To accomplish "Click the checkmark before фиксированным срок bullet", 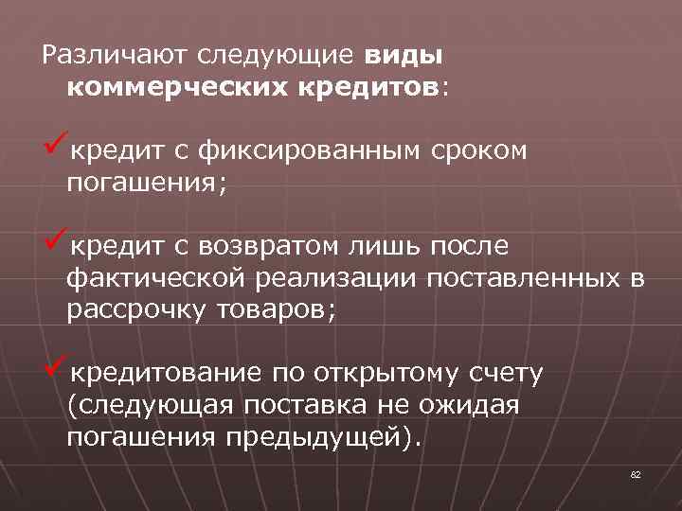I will (54, 149).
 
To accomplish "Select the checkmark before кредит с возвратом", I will (54, 243).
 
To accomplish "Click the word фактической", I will (155, 278).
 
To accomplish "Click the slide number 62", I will (636, 473).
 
